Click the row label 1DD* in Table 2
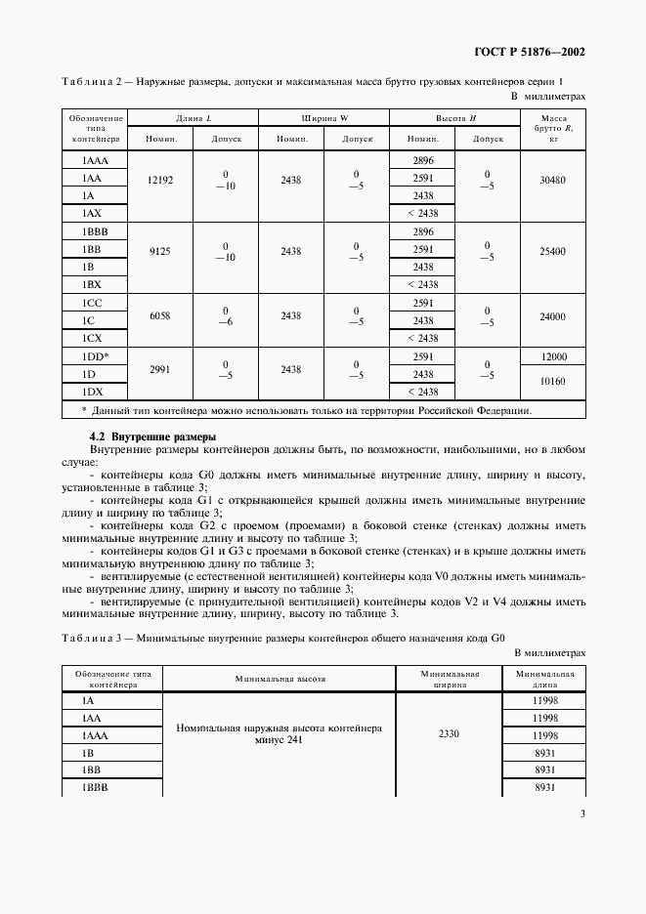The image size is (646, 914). (x=95, y=356)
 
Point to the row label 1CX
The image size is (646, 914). (x=92, y=337)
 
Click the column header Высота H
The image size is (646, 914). (x=455, y=118)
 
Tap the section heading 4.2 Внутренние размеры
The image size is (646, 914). (x=152, y=436)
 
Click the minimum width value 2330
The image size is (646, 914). (x=450, y=734)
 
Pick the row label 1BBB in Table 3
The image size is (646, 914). (x=96, y=787)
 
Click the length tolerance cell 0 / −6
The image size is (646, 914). (x=226, y=316)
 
